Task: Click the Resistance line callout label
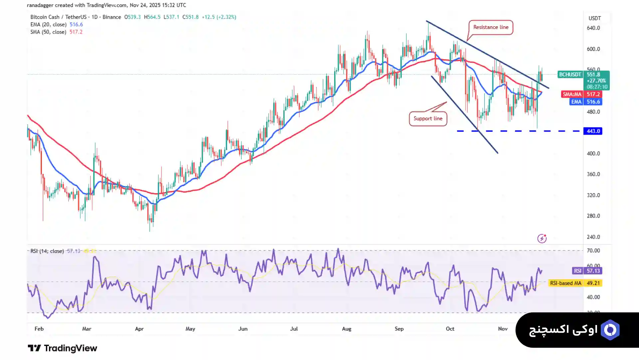491,27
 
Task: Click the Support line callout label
428,119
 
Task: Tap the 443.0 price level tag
593,131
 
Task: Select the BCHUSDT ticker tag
570,75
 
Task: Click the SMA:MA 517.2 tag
581,94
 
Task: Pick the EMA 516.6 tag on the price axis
585,102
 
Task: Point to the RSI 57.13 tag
587,271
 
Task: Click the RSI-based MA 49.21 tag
575,283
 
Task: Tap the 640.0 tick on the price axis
593,28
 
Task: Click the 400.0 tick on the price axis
593,154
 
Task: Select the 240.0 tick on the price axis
593,237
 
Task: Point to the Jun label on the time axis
243,329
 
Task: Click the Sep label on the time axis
399,329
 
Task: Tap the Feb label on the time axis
39,329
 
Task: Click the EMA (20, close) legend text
49,25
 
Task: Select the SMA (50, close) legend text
49,32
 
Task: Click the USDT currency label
594,18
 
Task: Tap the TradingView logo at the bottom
62,348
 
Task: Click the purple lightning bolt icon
542,238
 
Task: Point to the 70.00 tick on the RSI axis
593,251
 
